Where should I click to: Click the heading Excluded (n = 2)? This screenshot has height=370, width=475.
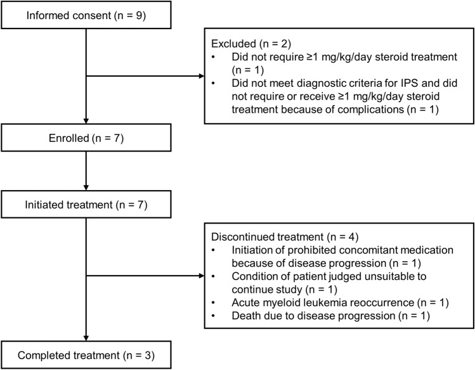tap(251, 44)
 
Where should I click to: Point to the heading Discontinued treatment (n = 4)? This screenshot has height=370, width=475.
tap(285, 237)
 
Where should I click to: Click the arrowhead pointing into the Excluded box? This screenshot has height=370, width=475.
tap(202, 76)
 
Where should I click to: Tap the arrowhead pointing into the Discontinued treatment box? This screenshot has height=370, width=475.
tap(202, 276)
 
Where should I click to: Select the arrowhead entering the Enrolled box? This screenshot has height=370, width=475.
tap(86, 121)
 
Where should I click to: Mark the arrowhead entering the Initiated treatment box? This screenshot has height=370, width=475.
tap(86, 188)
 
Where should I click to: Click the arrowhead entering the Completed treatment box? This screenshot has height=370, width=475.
tap(86, 338)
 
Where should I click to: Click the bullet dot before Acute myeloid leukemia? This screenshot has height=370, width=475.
tap(214, 303)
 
